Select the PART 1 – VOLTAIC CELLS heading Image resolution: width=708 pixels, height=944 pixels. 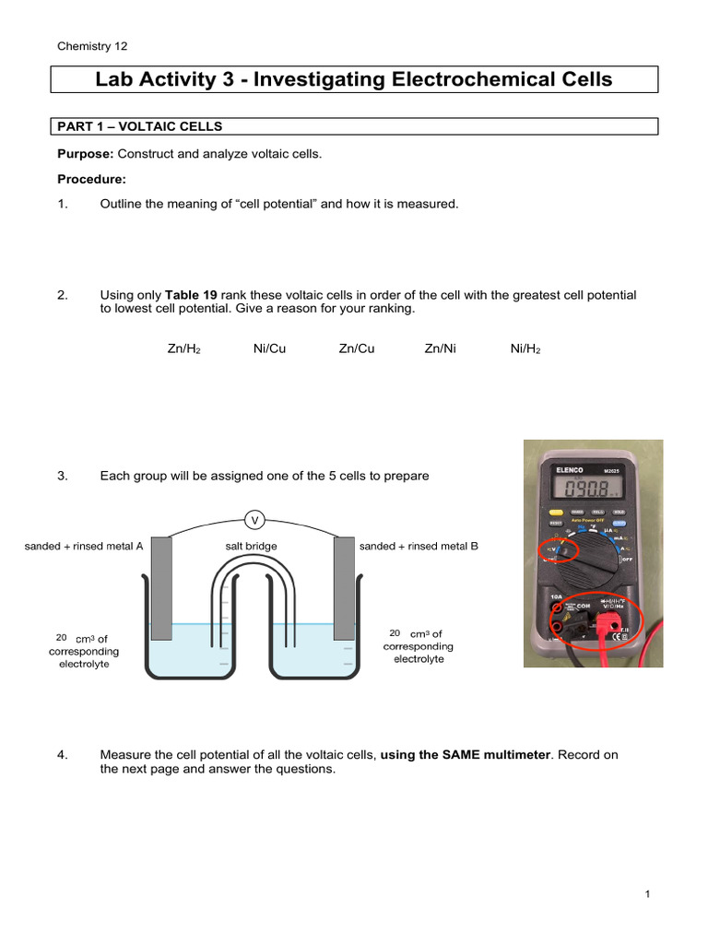[x=140, y=126]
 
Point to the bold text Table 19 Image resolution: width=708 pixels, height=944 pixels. [x=191, y=295]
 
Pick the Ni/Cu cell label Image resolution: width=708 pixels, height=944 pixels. [x=269, y=349]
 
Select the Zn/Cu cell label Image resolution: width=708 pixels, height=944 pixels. [x=357, y=349]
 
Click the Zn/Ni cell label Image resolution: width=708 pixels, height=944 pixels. [x=441, y=349]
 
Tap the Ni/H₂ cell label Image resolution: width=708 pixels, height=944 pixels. [x=526, y=349]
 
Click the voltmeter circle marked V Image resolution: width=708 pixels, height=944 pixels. [x=254, y=520]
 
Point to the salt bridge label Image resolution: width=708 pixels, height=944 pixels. [x=251, y=546]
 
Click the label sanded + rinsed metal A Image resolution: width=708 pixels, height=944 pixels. [x=84, y=546]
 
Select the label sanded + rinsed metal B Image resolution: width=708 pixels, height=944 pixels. [x=419, y=546]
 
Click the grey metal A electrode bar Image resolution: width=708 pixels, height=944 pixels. [x=161, y=590]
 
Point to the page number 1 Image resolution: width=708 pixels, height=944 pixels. [x=648, y=894]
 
